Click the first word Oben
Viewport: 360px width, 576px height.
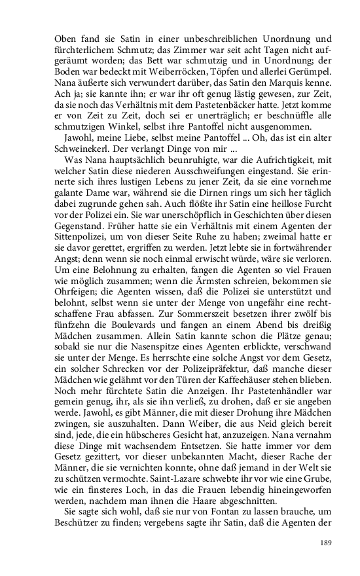[65, 39]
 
